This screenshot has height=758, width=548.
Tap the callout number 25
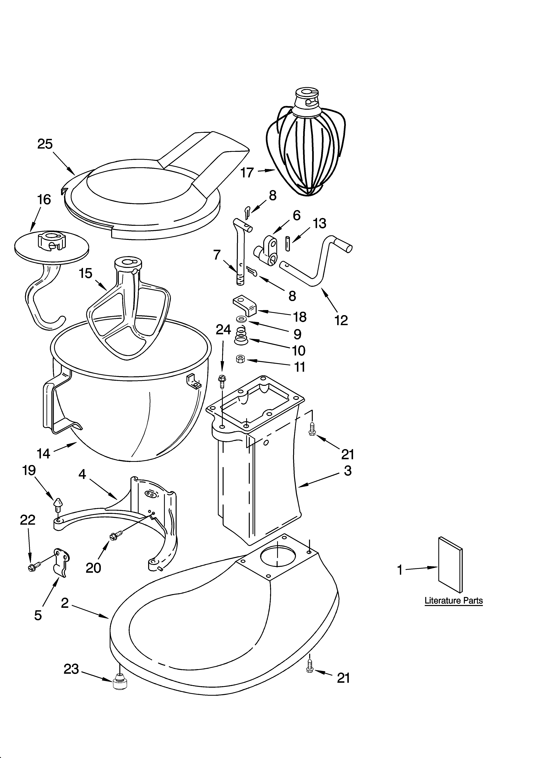tap(45, 144)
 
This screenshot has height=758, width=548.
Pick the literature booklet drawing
tap(450, 565)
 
